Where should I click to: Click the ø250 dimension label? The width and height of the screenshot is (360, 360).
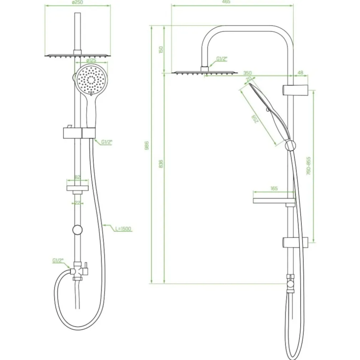pos(77,2)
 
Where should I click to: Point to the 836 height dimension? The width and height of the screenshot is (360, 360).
pos(161,164)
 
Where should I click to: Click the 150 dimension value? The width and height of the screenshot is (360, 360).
pos(161,50)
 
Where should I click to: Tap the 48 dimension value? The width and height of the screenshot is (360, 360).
pos(300,73)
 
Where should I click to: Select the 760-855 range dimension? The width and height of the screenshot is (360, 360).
pos(309,166)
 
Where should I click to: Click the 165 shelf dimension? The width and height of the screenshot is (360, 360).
pos(274,189)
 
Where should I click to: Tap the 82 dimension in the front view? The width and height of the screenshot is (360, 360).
pos(77,177)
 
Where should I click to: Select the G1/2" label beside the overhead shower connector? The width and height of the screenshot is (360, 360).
pos(222,58)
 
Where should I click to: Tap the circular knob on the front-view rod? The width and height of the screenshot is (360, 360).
pos(77,230)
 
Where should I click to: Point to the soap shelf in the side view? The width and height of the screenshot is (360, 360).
pos(274,201)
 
